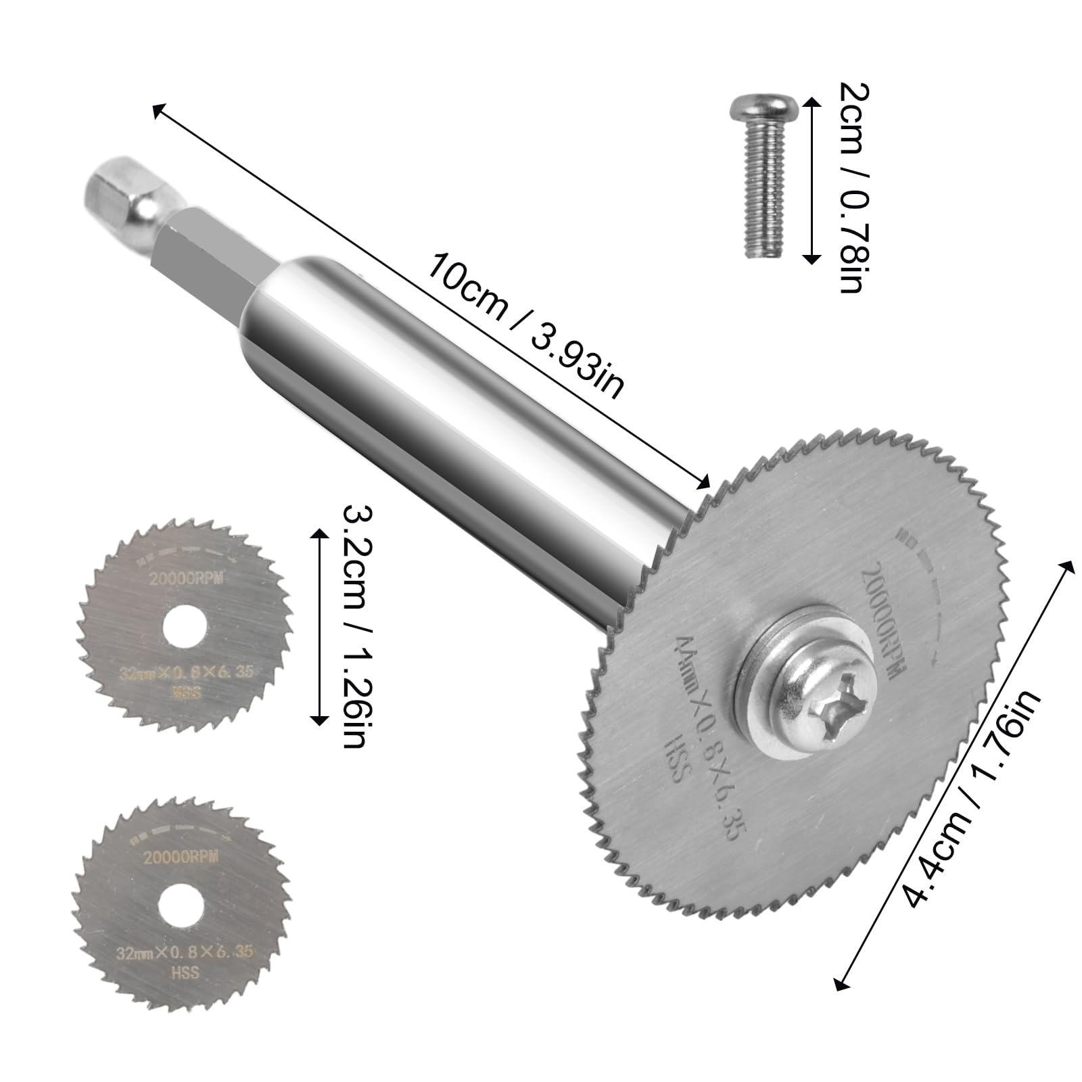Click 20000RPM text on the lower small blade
[x=181, y=857]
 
